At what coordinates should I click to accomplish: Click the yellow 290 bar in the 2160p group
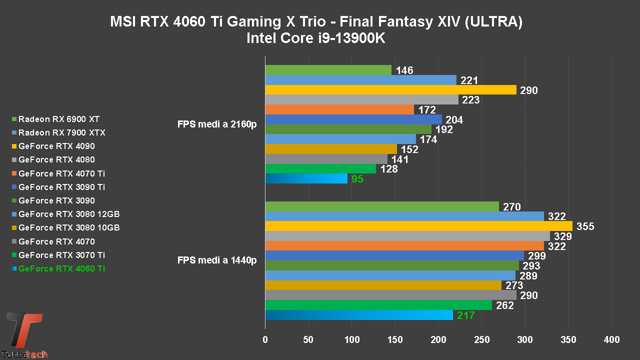point(390,90)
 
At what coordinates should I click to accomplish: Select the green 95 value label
point(357,179)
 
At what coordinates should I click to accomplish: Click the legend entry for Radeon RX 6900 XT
point(58,119)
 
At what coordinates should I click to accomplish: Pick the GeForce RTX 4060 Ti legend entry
point(61,268)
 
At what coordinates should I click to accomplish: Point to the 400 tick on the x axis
point(611,340)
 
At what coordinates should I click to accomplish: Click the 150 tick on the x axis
point(395,340)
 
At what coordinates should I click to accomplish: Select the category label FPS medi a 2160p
point(217,124)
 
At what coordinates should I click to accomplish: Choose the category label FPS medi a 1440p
point(217,260)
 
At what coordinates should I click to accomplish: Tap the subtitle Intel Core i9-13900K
point(316,38)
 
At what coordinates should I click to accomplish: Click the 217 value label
point(465,315)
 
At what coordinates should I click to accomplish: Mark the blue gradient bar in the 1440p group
point(359,315)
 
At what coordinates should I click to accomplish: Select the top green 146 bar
point(328,70)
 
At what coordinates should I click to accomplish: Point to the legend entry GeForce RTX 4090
point(56,146)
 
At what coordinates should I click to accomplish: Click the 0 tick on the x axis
point(265,340)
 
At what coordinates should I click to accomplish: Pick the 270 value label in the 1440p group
point(512,207)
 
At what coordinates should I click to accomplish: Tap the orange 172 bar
point(339,109)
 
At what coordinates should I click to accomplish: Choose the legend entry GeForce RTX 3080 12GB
point(69,214)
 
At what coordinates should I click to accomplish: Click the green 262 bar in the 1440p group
point(378,305)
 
